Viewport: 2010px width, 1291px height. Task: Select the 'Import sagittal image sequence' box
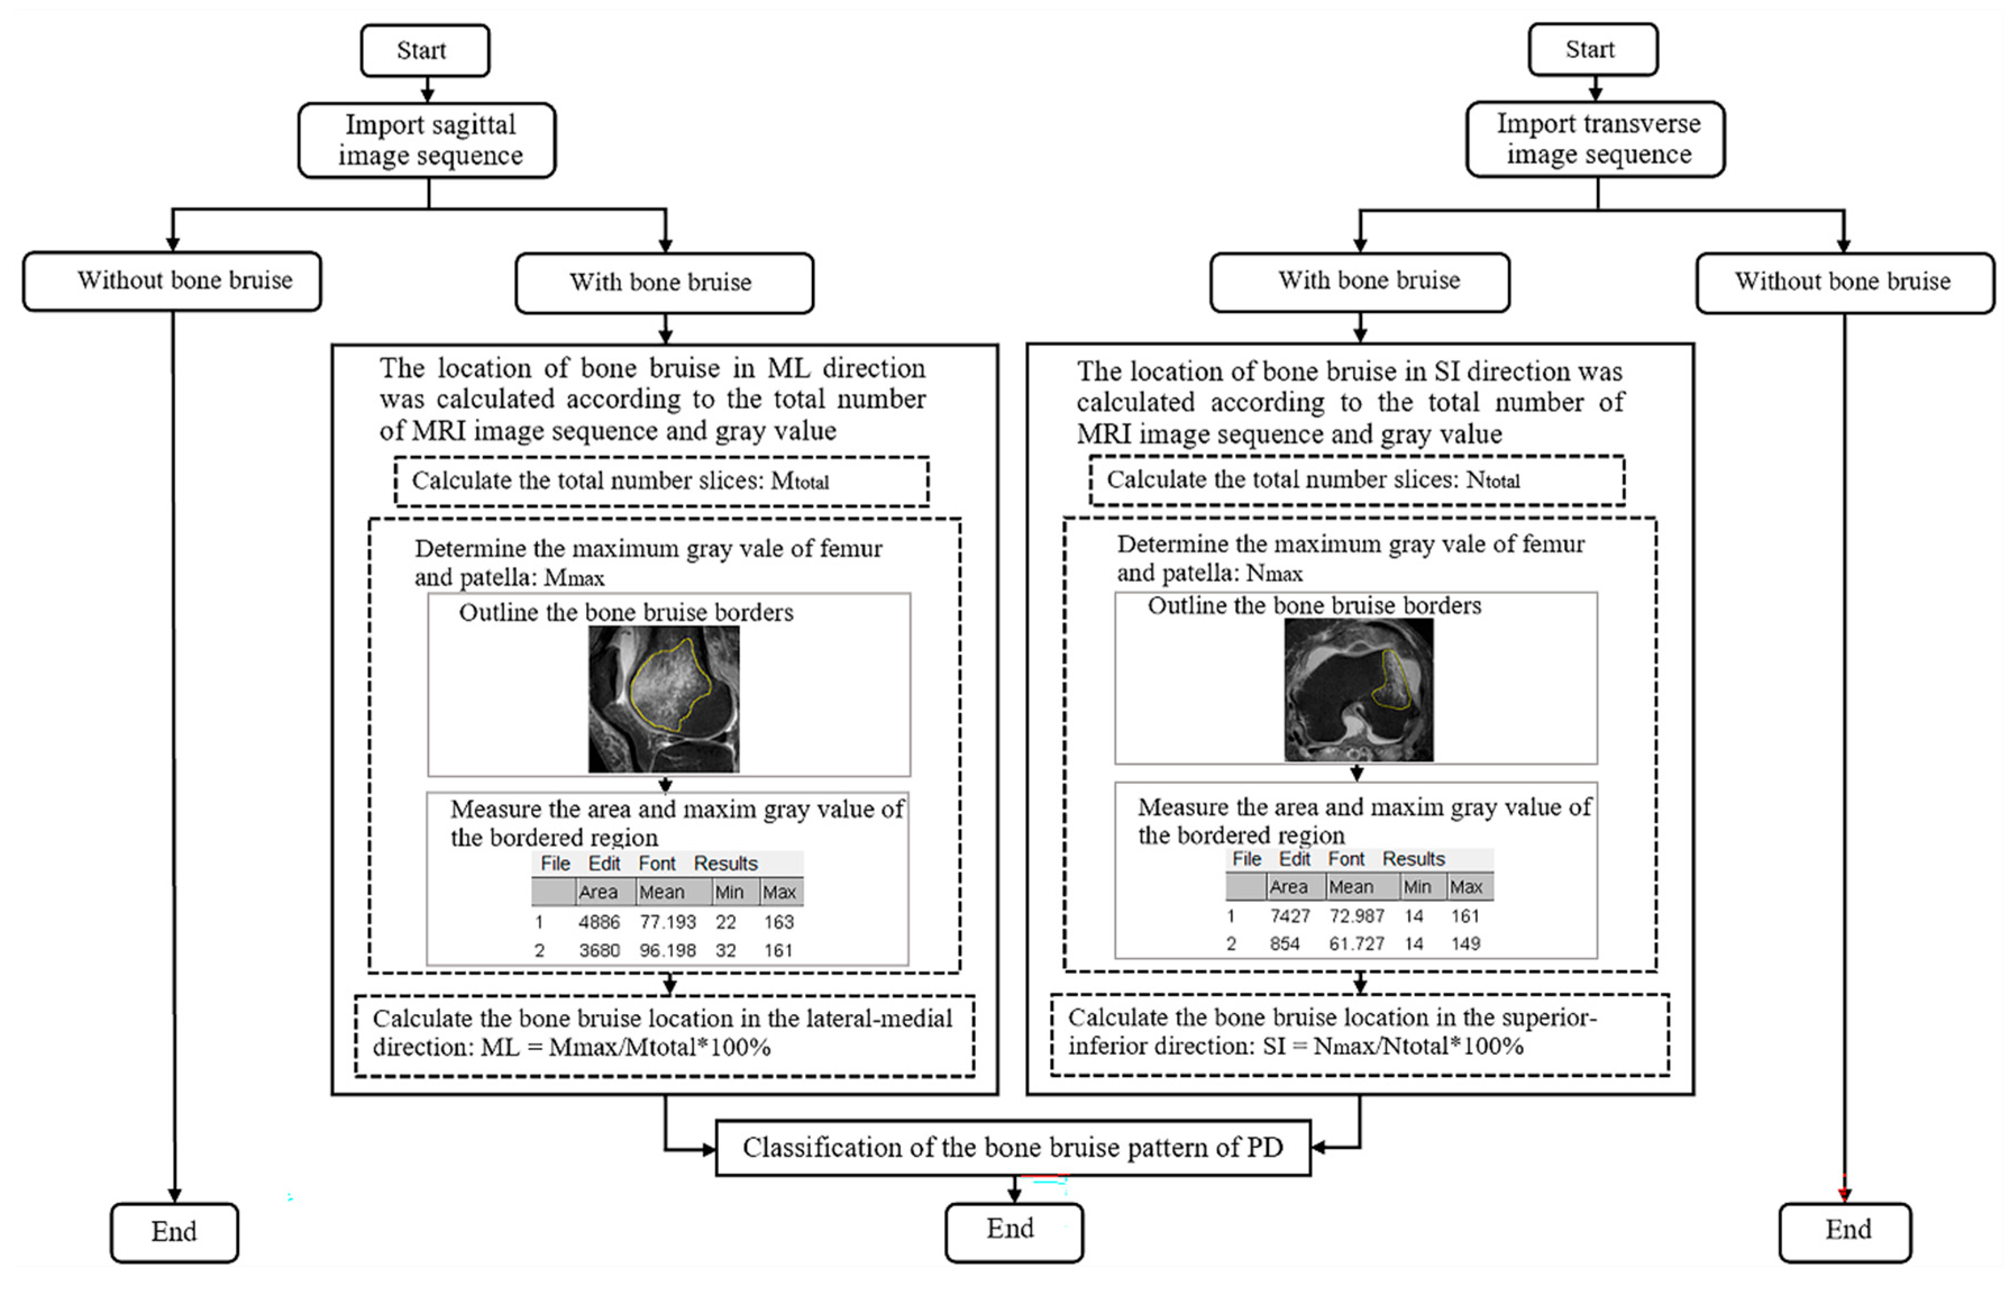coord(427,140)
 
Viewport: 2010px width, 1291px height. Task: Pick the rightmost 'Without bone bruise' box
coord(1844,282)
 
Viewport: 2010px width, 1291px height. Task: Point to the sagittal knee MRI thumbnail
coord(663,699)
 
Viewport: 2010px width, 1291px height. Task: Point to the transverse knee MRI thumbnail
coord(1358,689)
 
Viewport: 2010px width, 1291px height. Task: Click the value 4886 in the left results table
coord(599,922)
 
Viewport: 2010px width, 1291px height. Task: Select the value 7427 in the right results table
coord(1289,915)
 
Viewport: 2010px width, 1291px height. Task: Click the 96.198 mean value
coord(667,951)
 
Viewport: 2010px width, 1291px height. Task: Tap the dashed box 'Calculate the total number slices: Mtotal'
coord(661,481)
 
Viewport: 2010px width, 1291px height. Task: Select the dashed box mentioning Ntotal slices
coord(1356,480)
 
